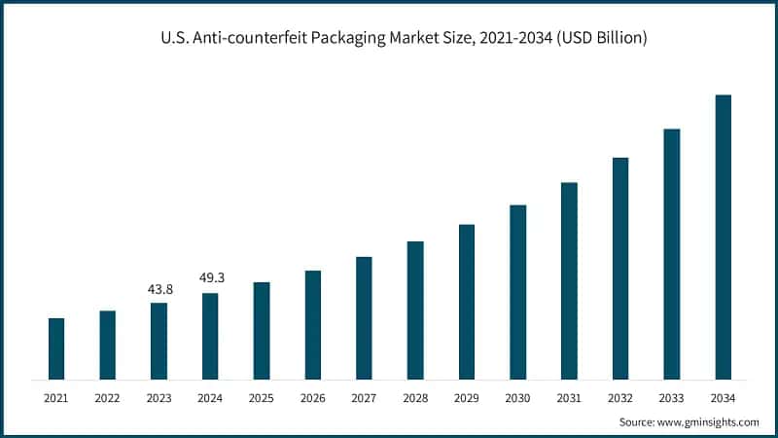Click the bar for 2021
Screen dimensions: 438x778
(x=56, y=348)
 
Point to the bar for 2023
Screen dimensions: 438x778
(x=159, y=341)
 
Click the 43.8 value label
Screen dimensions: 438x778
(x=159, y=289)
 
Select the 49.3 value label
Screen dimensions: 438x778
(x=210, y=278)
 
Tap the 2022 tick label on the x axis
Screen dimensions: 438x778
(x=107, y=398)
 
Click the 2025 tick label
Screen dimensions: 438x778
(x=262, y=398)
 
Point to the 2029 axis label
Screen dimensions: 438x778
(x=467, y=398)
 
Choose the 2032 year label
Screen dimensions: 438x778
(x=620, y=398)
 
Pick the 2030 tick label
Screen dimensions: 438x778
(x=518, y=398)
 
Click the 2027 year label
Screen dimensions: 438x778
(x=364, y=398)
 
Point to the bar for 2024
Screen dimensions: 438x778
(x=210, y=336)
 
